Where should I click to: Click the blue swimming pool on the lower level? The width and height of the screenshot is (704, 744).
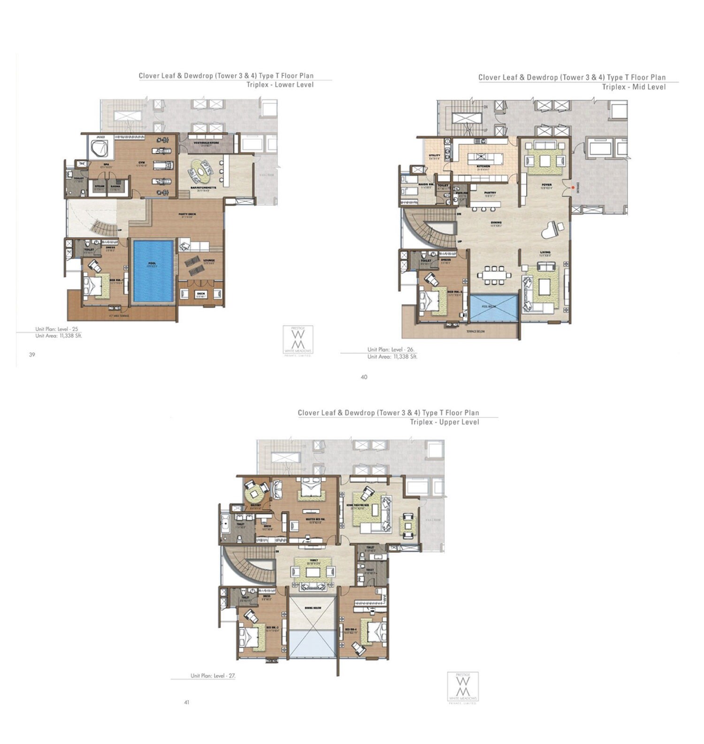(x=153, y=271)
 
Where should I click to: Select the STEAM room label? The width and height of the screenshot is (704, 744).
(x=99, y=186)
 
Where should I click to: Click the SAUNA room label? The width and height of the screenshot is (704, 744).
(x=115, y=186)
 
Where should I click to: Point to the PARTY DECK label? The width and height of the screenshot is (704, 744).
(x=187, y=215)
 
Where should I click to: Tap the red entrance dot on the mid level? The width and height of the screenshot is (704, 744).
(x=573, y=187)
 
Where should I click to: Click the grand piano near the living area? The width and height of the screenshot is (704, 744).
(x=551, y=230)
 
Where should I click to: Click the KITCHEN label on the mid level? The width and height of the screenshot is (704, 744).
(x=483, y=166)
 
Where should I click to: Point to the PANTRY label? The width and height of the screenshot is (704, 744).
(x=490, y=193)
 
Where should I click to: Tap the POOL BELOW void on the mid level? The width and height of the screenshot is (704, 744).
(x=493, y=308)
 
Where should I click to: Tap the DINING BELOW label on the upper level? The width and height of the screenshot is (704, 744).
(x=313, y=608)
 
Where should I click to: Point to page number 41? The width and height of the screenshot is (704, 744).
(x=186, y=702)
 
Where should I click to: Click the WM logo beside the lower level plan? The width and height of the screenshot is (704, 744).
(x=298, y=339)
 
